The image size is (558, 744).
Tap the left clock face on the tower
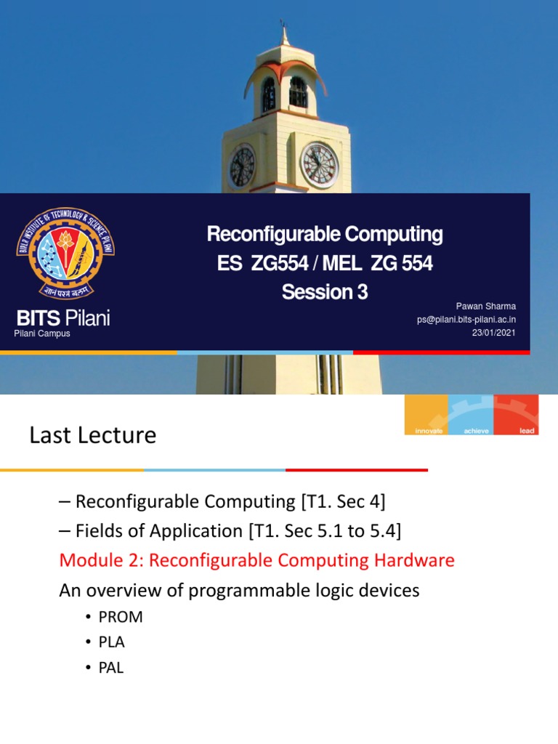coord(242,166)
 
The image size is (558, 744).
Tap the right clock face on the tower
coord(320,165)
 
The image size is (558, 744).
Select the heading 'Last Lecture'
coord(92,435)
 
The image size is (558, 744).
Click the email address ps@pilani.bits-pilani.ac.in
coord(466,319)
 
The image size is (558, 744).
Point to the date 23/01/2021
coord(494,332)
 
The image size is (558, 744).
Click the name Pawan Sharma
coord(485,306)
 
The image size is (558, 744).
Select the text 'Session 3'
coord(325,292)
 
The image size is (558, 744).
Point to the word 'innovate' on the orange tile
coord(428,431)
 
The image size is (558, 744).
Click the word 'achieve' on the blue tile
coord(475,431)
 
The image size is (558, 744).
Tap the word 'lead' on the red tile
coord(527,431)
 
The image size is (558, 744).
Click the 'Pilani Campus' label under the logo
coord(42,333)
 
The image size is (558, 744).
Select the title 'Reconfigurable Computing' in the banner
coord(325,234)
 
